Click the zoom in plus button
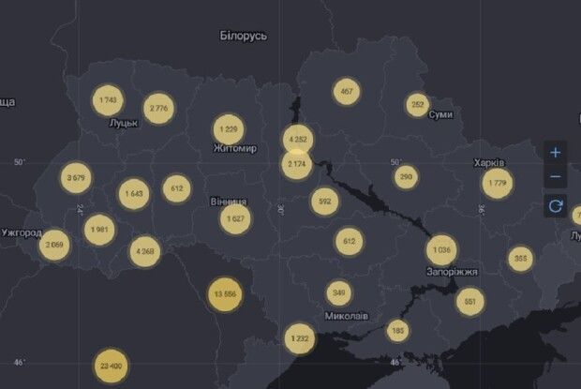pyautogui.click(x=556, y=152)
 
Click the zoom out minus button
pyautogui.click(x=556, y=177)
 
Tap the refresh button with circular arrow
pyautogui.click(x=556, y=205)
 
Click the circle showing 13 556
pyautogui.click(x=225, y=293)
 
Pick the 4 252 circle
pyautogui.click(x=297, y=140)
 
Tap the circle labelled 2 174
pyautogui.click(x=296, y=165)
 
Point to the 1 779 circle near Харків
pyautogui.click(x=497, y=183)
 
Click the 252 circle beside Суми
pyautogui.click(x=418, y=105)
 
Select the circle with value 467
pyautogui.click(x=347, y=91)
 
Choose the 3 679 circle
pyautogui.click(x=76, y=176)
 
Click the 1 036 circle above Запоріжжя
pyautogui.click(x=441, y=250)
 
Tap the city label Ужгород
pyautogui.click(x=22, y=232)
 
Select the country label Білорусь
pyautogui.click(x=243, y=36)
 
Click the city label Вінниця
pyautogui.click(x=229, y=202)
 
